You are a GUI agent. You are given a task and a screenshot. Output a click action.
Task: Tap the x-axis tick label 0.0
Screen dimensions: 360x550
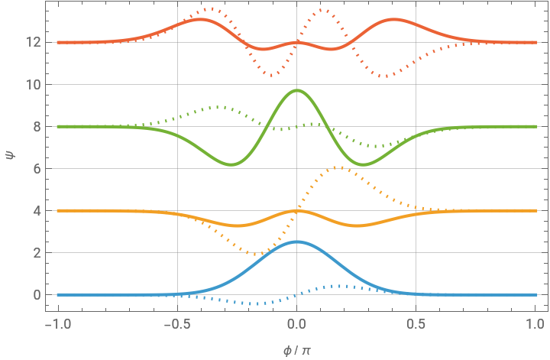coord(297,323)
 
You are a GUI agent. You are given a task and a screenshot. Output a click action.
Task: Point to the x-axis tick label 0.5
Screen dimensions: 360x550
coord(416,323)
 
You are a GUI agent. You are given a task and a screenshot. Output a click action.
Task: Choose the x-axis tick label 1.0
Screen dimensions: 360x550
coord(535,323)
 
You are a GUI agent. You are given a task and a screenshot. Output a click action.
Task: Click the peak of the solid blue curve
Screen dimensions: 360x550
coord(297,242)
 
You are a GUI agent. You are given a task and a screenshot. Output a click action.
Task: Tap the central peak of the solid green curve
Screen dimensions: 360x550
coord(297,90)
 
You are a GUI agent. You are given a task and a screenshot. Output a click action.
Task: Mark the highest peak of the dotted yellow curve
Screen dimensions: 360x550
coord(341,167)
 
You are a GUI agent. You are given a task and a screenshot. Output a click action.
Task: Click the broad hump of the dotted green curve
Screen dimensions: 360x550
coord(222,107)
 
